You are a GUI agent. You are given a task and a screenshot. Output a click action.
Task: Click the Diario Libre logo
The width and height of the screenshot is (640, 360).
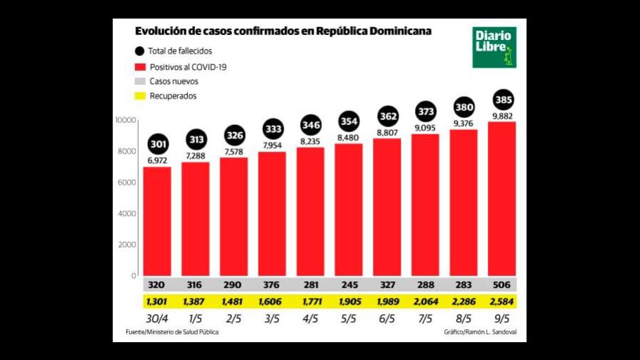494,48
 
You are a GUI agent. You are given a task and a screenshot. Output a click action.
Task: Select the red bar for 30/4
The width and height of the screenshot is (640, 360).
158,221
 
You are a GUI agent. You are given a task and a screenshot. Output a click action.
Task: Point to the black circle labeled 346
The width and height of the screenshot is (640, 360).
311,126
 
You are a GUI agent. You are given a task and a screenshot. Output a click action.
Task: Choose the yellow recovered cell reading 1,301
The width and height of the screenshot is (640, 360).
158,301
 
